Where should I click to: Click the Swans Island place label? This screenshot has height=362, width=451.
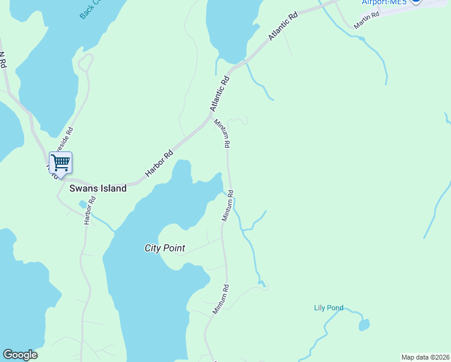coord(98,188)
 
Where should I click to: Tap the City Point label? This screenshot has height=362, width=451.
coord(165,248)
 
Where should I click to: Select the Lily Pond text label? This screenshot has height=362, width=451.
coord(329,308)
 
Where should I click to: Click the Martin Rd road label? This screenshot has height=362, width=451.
coord(366,21)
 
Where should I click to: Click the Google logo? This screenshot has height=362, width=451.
coord(20,355)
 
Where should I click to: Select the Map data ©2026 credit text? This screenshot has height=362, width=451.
coord(425,357)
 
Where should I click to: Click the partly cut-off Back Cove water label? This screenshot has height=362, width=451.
coord(91,9)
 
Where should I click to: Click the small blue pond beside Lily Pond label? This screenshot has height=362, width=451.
coord(364,325)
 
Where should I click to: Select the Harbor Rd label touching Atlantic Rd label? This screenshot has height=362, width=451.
coord(159,164)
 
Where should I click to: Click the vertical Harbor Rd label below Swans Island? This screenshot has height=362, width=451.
coord(88,212)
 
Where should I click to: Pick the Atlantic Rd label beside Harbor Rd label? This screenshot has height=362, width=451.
coord(220,93)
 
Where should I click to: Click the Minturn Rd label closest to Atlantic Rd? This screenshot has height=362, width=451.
coord(222,133)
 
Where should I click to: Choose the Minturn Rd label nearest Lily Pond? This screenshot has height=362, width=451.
coord(221,299)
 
